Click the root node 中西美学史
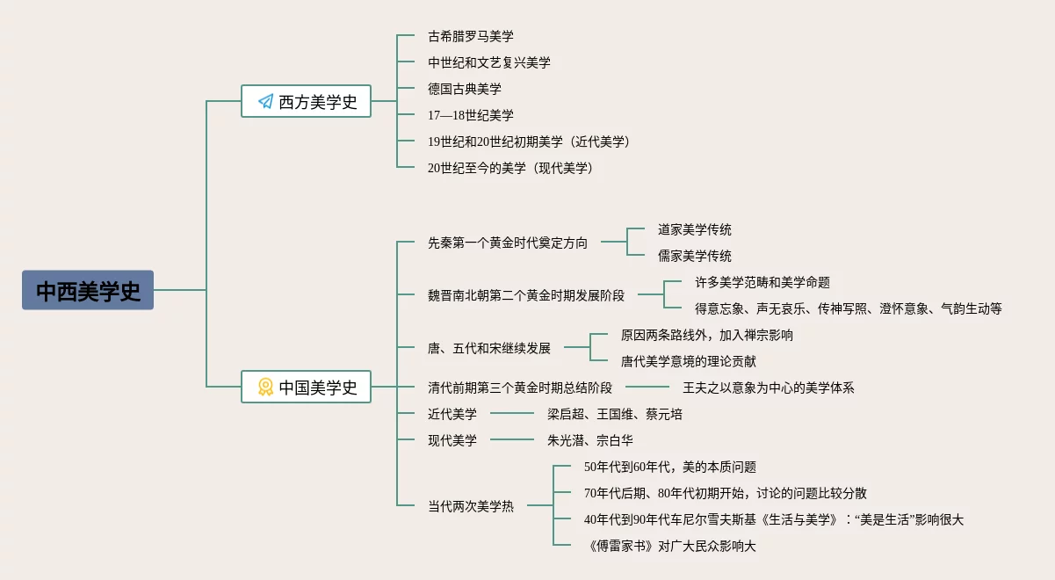click(x=88, y=290)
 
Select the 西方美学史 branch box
click(x=306, y=102)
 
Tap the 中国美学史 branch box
click(x=306, y=387)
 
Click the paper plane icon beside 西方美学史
click(x=265, y=102)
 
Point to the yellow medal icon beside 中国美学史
click(x=265, y=387)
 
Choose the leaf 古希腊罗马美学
click(x=470, y=37)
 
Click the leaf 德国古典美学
click(x=464, y=89)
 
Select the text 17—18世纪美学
click(x=470, y=115)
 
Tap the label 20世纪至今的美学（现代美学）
click(x=510, y=168)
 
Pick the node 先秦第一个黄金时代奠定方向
click(x=508, y=243)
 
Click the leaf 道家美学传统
click(x=694, y=229)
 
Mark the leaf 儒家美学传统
click(x=694, y=256)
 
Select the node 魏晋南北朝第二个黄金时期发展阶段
click(x=525, y=295)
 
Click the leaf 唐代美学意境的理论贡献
click(x=688, y=361)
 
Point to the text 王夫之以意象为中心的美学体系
click(x=768, y=388)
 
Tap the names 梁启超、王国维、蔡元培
click(x=614, y=414)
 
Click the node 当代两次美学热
click(x=470, y=506)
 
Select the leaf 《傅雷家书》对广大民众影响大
click(x=669, y=546)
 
